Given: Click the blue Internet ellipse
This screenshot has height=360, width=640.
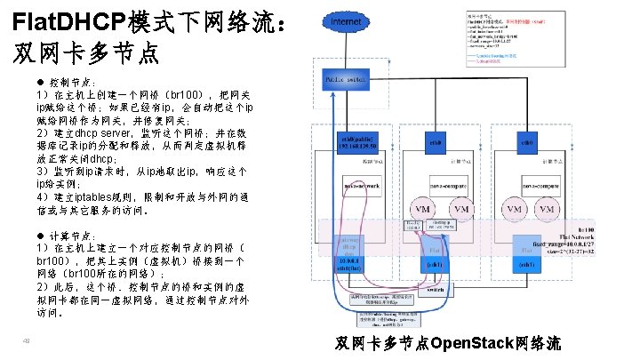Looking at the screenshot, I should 346,20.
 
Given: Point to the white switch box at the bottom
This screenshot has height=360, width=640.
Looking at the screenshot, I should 435,290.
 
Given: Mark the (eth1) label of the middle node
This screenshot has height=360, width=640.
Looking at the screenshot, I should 435,264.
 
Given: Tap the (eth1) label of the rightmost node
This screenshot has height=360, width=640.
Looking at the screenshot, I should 526,264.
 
